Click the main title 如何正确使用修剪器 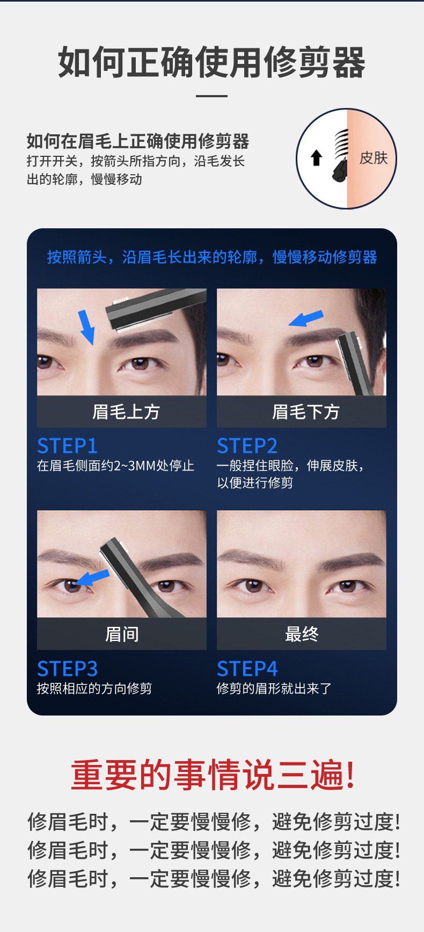coord(212,62)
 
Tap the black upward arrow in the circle coord(317,157)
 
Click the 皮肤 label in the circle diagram coord(374,158)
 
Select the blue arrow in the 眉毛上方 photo coord(86,327)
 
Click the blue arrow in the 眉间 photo coord(92,578)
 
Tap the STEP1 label coord(68,446)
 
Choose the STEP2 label coord(247,446)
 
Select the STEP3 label coord(68,669)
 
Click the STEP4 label coord(247,669)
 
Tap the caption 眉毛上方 coord(126,412)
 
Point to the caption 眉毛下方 coord(306,412)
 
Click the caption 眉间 coord(122,634)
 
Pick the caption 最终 coord(302,634)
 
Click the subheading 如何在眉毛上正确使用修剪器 coord(138,141)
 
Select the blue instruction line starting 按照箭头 coord(212,257)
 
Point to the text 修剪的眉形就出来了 coord(274,689)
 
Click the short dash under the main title coord(212,96)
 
